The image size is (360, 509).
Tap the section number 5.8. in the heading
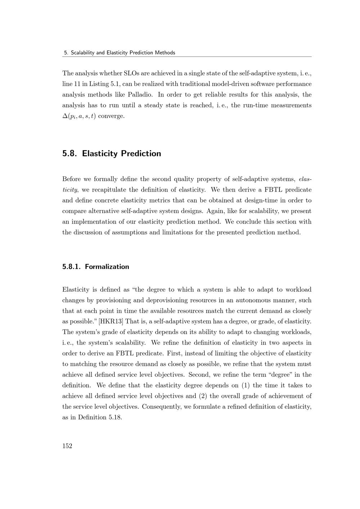pyautogui.click(x=70, y=153)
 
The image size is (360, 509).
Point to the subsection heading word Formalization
pyautogui.click(x=107, y=267)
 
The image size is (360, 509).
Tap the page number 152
pyautogui.click(x=67, y=446)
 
